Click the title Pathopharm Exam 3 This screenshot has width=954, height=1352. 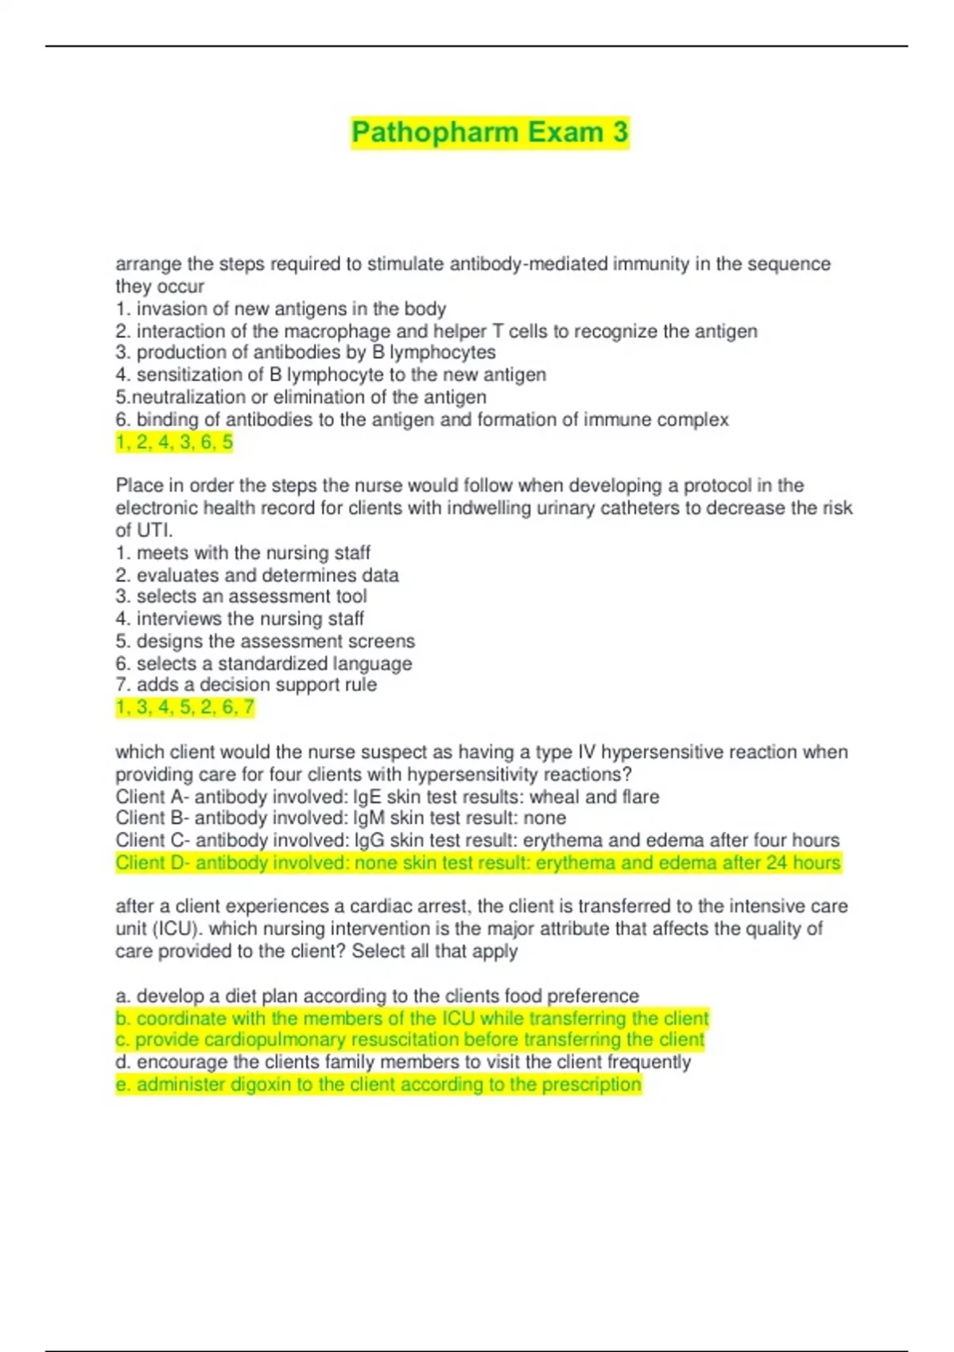pos(490,132)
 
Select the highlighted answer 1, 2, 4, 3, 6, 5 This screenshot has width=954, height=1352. pos(174,442)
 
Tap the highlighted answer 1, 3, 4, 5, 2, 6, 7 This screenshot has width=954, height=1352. pos(184,707)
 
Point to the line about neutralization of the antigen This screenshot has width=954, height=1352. pos(301,397)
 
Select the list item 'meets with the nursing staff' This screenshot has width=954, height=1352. pos(243,553)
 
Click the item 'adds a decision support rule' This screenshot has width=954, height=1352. pos(246,685)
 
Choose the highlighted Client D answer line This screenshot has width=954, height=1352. pos(478,863)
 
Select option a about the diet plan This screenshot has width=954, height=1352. pos(378,996)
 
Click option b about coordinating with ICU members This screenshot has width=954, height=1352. pos(412,1018)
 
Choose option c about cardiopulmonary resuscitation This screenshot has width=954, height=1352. pos(410,1040)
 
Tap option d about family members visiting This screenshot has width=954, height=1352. pos(403,1063)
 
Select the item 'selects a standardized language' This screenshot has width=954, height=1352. pos(265,663)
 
